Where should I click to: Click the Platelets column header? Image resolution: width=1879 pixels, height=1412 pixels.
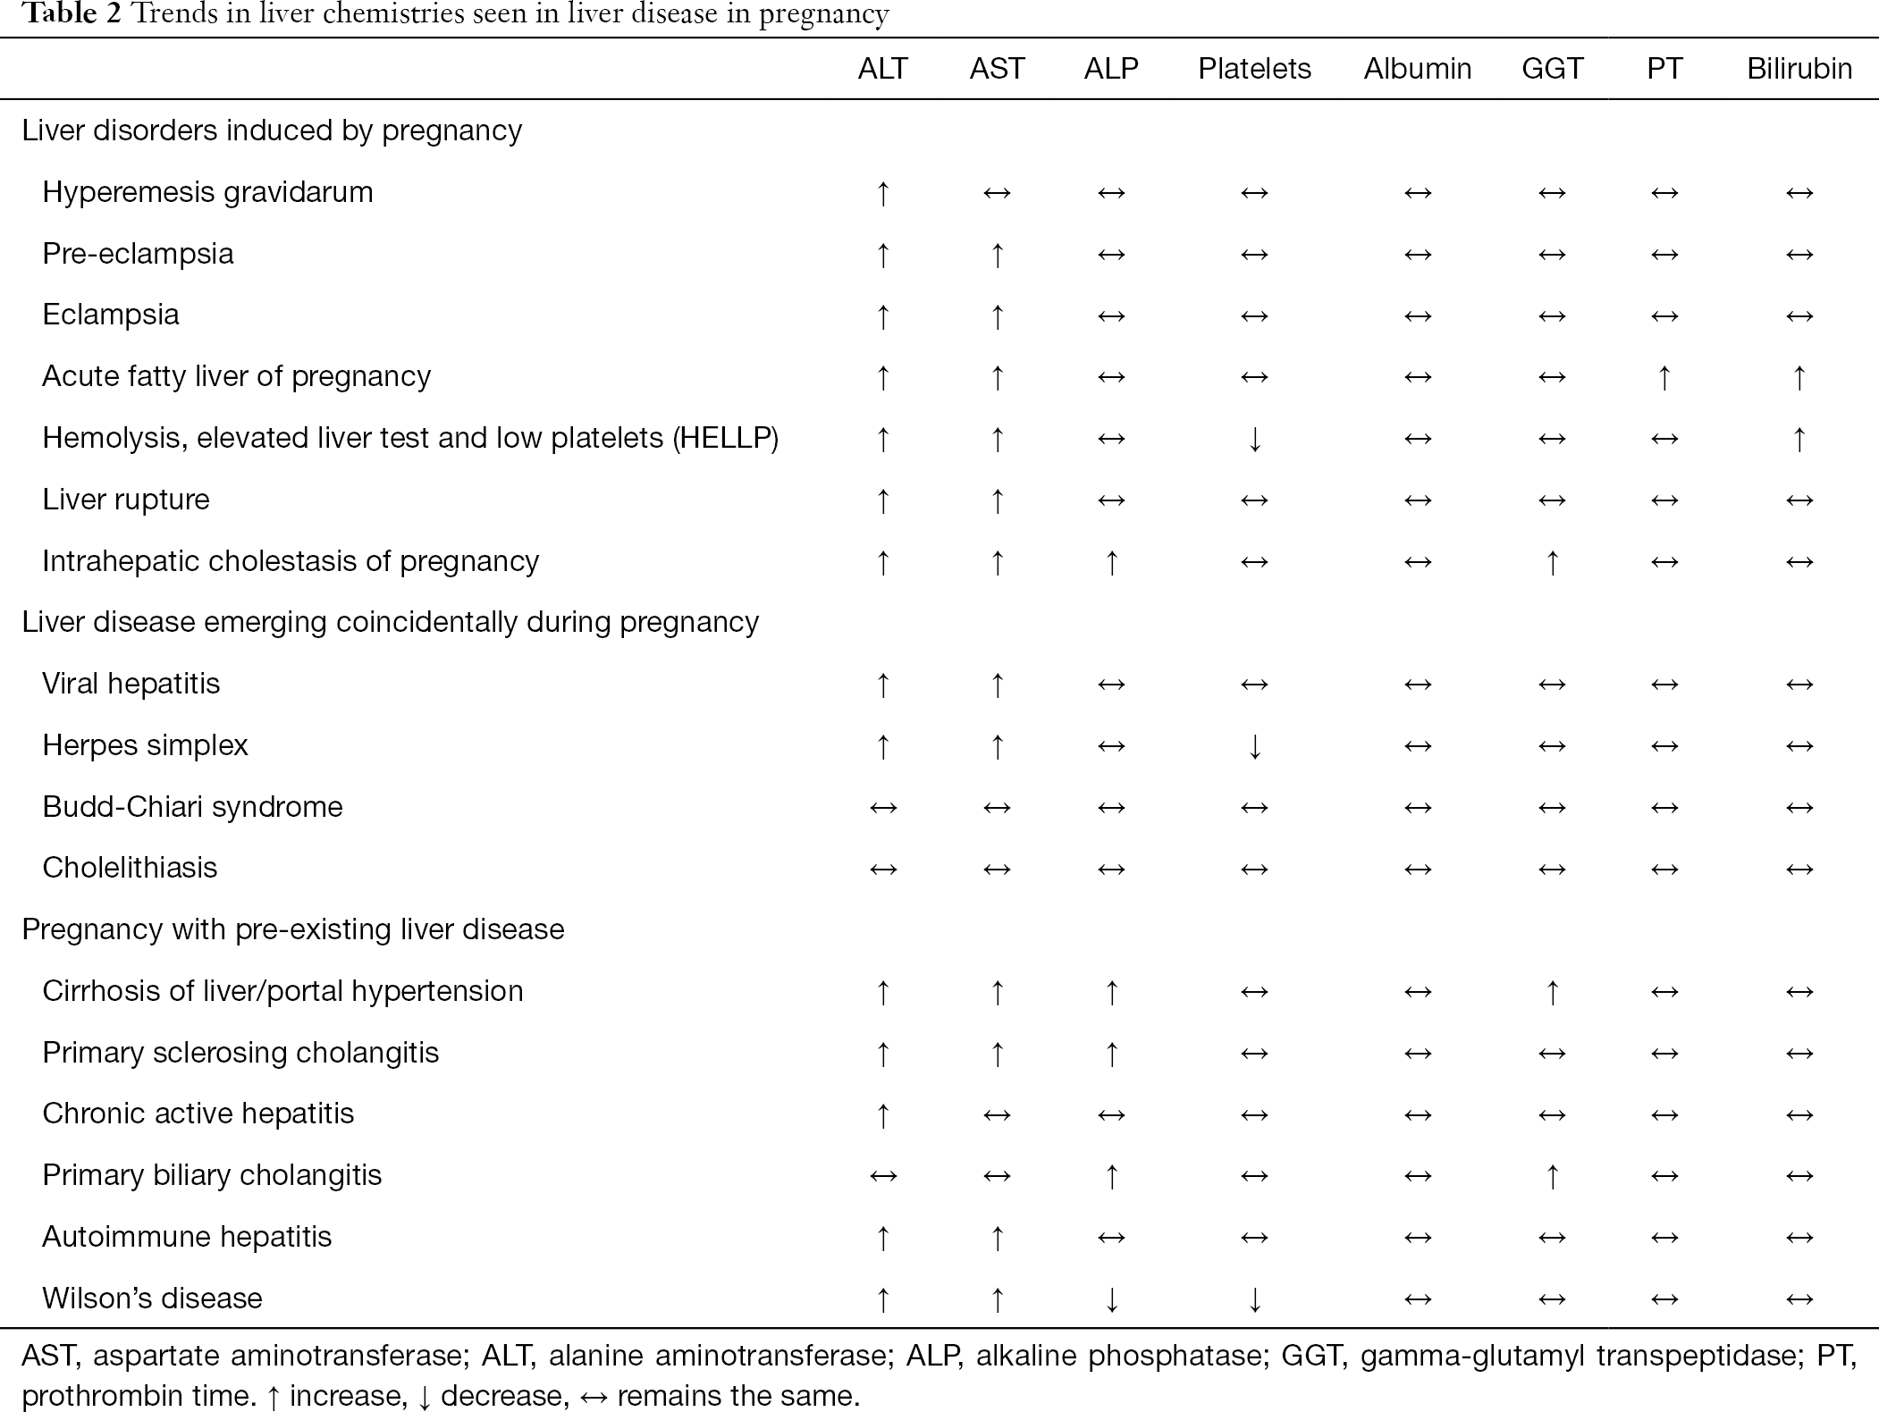pyautogui.click(x=1254, y=69)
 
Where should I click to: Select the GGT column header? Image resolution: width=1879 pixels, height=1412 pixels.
pyautogui.click(x=1552, y=69)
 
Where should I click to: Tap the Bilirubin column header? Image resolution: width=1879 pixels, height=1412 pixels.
pyautogui.click(x=1799, y=69)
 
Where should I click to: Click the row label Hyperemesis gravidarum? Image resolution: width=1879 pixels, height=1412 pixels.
pyautogui.click(x=207, y=192)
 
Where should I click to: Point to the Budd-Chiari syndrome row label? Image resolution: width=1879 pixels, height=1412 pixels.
pyautogui.click(x=192, y=807)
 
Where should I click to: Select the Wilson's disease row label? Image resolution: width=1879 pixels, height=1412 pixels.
pyautogui.click(x=152, y=1298)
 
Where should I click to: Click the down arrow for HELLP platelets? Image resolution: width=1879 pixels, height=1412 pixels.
pyautogui.click(x=1255, y=439)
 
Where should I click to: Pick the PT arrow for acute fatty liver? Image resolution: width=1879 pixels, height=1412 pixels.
pyautogui.click(x=1664, y=377)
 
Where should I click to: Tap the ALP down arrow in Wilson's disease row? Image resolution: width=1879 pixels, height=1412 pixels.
pyautogui.click(x=1111, y=1299)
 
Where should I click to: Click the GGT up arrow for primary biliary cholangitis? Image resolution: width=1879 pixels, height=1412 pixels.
pyautogui.click(x=1553, y=1176)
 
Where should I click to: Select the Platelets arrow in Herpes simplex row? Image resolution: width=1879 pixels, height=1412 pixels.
pyautogui.click(x=1255, y=746)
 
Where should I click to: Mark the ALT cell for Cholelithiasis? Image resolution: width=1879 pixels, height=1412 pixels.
pyautogui.click(x=883, y=869)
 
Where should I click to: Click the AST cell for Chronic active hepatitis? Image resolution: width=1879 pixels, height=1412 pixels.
pyautogui.click(x=997, y=1114)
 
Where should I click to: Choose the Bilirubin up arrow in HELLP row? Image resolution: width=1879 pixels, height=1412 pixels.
pyautogui.click(x=1799, y=439)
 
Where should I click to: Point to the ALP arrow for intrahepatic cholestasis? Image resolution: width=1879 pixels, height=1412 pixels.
pyautogui.click(x=1111, y=562)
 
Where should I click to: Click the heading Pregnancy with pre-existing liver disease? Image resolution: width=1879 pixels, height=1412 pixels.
pyautogui.click(x=293, y=929)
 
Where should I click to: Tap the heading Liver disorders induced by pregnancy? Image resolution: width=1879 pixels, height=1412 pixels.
pyautogui.click(x=272, y=130)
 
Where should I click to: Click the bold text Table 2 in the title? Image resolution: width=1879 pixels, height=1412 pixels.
pyautogui.click(x=72, y=15)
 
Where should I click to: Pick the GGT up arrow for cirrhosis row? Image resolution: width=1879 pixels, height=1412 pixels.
pyautogui.click(x=1553, y=992)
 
